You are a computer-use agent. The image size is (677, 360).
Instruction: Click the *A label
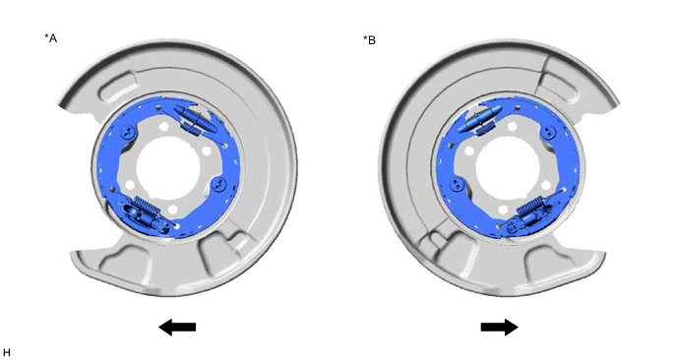(x=50, y=38)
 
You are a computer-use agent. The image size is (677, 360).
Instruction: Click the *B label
(x=369, y=40)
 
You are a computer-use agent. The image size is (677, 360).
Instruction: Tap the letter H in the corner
(x=6, y=353)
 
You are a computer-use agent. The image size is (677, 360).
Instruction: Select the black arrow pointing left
(x=177, y=328)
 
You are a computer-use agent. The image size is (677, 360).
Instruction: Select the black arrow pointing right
(x=500, y=328)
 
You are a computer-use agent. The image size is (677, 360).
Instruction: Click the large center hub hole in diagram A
(x=168, y=168)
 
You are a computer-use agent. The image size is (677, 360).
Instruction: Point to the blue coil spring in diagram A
(x=147, y=208)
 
